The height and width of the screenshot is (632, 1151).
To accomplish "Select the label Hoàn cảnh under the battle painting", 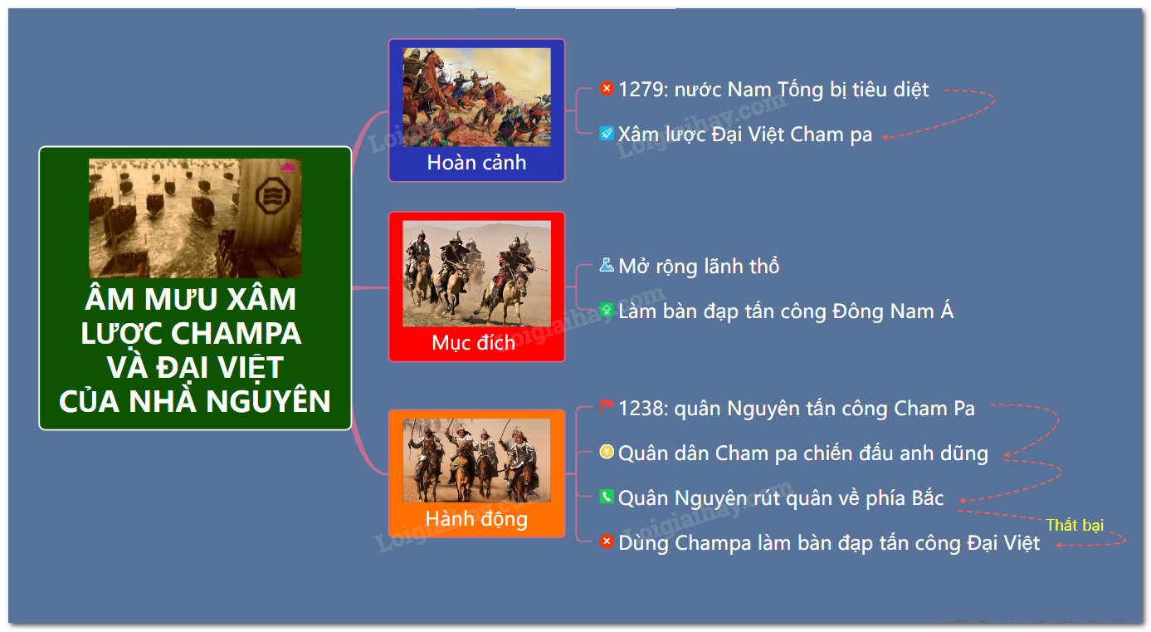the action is pos(476,163).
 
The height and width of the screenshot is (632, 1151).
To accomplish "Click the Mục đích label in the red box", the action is pos(473,342).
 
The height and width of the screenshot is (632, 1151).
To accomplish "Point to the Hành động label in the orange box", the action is pos(476,519).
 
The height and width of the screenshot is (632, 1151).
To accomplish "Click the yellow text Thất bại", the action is pos(1075,525).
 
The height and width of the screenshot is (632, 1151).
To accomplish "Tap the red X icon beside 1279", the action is pos(607,89).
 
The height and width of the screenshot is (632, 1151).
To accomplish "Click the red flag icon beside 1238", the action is pos(607,407).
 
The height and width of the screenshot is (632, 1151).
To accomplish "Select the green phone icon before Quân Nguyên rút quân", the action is pos(607,497).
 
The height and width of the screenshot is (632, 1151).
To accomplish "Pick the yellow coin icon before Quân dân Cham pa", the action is pos(607,452).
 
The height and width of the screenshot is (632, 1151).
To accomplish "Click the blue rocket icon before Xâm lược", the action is pos(607,134).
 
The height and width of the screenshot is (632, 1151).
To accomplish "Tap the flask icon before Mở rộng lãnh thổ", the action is pos(607,265).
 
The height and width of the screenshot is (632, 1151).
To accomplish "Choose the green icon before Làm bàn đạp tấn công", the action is pos(607,310).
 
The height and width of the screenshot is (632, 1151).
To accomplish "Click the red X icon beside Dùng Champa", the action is pos(607,541).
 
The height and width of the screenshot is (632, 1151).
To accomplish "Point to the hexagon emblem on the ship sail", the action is pos(272,195).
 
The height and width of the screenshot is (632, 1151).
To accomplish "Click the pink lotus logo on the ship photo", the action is pos(288,167).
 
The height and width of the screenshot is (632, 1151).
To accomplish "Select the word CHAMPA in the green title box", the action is pos(237,334).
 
